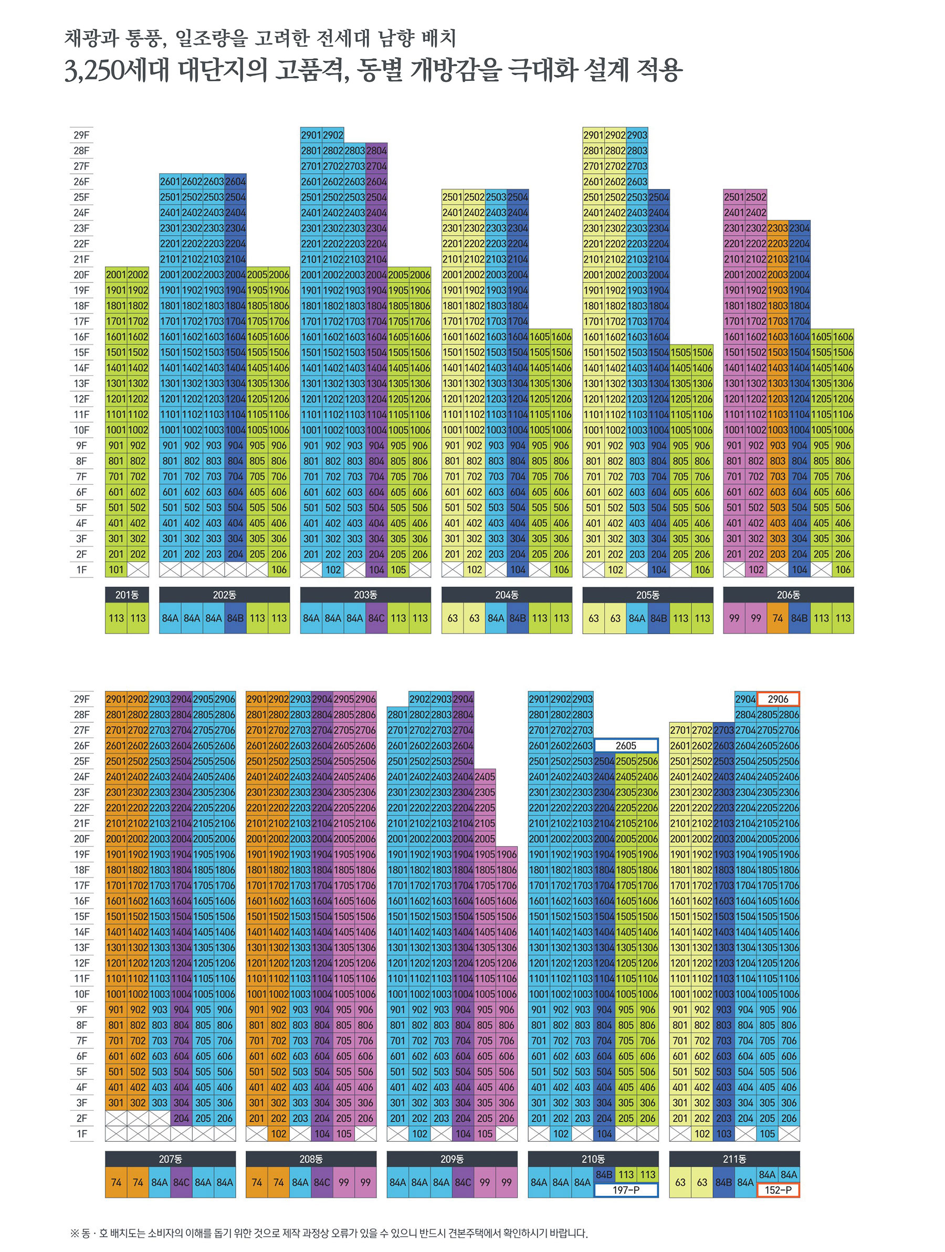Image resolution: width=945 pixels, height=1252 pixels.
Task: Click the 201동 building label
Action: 127,594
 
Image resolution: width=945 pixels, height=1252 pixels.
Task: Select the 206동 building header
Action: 788,594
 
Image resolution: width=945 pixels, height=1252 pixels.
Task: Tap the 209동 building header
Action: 452,1159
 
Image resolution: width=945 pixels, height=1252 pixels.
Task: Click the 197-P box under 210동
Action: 626,1190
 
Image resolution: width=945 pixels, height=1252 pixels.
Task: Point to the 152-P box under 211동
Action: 778,1190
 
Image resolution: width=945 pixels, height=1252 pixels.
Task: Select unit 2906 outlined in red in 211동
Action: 778,699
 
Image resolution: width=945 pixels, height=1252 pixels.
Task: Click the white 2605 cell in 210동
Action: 626,745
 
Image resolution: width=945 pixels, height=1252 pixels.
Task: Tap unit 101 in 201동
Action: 116,570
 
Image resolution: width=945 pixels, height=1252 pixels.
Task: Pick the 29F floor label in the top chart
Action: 81,135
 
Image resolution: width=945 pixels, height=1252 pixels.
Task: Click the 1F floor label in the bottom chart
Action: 81,1133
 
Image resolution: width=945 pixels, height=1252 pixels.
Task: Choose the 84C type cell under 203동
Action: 376,618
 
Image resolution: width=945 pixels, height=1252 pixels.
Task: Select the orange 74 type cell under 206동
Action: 778,618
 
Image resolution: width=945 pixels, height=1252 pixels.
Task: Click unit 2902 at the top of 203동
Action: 333,135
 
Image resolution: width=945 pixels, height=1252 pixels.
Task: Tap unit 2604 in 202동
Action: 236,182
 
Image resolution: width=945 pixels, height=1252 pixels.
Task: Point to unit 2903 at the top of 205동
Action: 637,135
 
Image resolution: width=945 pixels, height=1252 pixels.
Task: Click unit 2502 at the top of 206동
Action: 756,197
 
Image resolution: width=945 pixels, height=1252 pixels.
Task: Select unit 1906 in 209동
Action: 507,854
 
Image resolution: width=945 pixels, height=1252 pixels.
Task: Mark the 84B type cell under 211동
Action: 723,1182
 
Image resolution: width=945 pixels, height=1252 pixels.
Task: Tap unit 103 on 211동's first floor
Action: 723,1133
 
